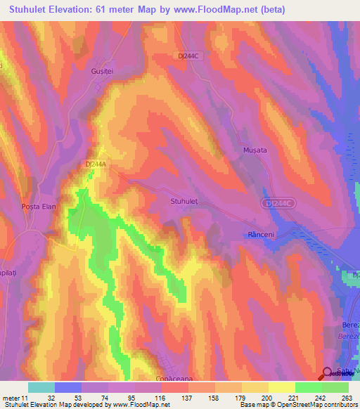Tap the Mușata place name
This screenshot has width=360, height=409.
point(253,150)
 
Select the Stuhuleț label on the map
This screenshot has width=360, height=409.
point(185,201)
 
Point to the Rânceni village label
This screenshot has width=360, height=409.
point(259,233)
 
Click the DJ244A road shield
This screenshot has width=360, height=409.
point(94,164)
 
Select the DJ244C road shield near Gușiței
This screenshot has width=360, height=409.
point(187,56)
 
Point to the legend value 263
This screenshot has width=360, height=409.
point(347,397)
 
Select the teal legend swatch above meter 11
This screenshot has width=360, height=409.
point(41,387)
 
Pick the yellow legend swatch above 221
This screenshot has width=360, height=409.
point(282,387)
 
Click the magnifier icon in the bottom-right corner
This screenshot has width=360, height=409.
point(328,374)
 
